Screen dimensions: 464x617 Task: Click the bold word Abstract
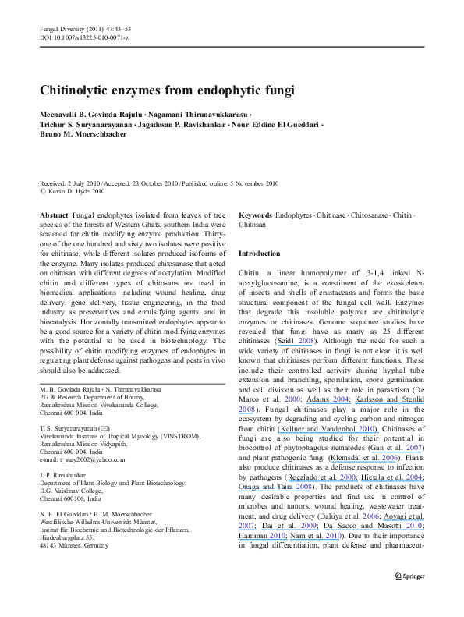point(53,214)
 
